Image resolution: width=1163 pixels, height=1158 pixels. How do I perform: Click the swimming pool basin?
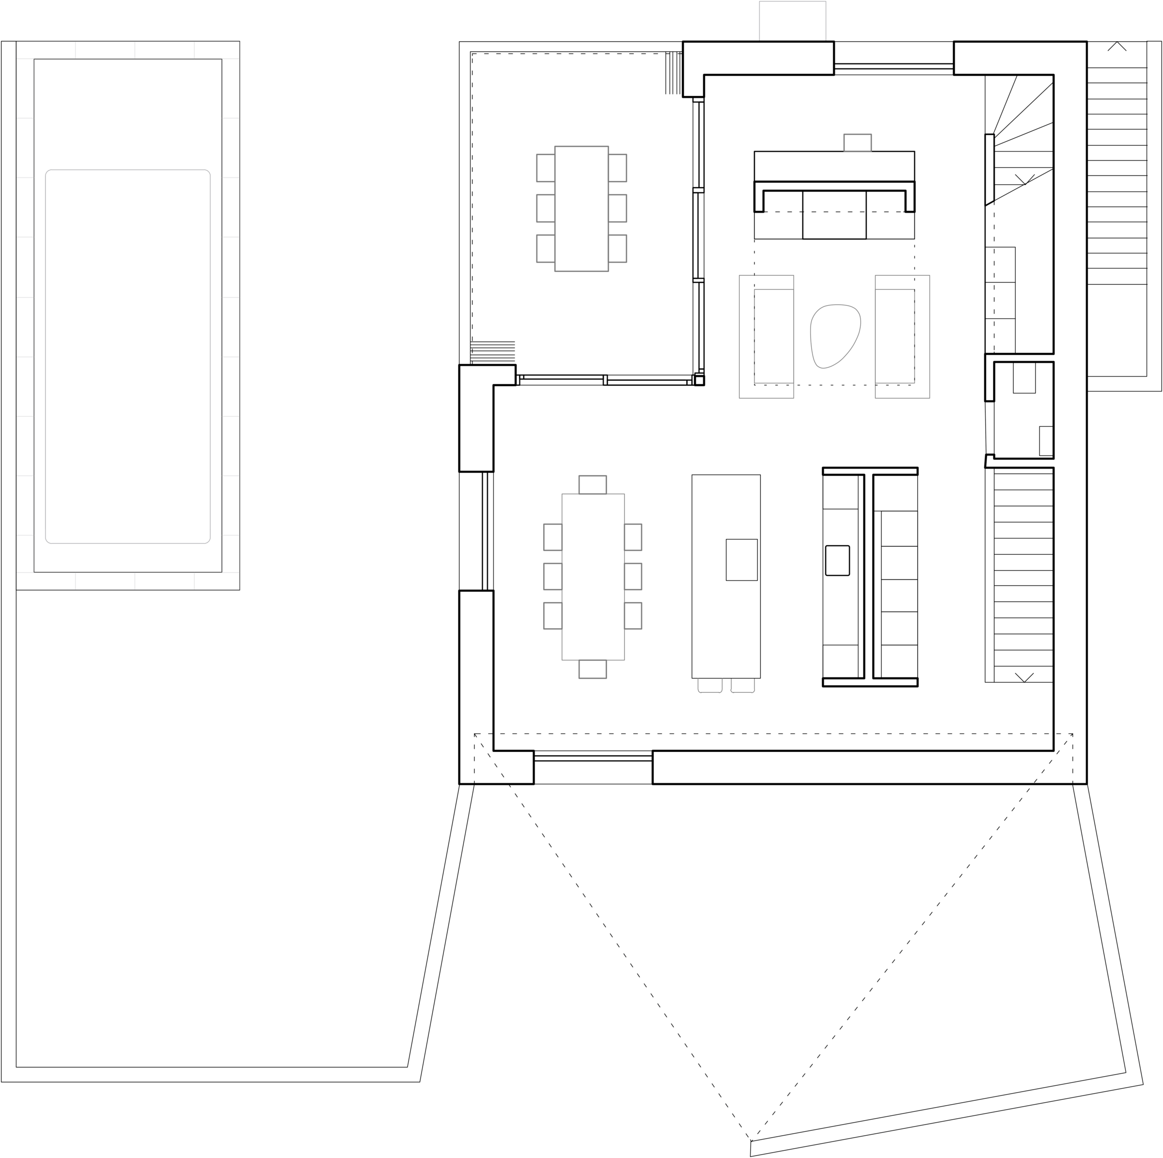[x=127, y=356]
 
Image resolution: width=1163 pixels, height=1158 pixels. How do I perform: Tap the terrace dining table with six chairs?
[x=581, y=208]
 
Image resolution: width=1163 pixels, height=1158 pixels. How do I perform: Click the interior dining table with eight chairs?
[x=593, y=577]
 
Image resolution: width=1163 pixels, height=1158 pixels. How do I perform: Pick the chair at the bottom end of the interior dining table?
[x=593, y=669]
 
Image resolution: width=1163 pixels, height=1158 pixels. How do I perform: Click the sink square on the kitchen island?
[x=741, y=560]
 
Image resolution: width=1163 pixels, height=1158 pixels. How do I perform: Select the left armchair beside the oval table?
[x=766, y=336]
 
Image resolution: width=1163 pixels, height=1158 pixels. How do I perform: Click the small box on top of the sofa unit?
[x=858, y=142]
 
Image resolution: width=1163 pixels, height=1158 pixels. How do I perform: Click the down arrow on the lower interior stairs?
[x=1023, y=676]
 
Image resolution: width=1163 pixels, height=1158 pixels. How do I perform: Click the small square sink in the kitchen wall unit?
[x=837, y=560]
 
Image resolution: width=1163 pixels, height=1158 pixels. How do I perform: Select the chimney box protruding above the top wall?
[x=792, y=21]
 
